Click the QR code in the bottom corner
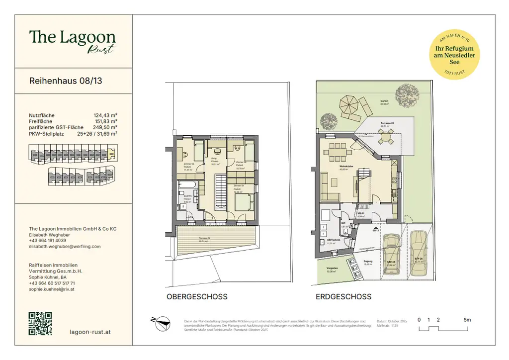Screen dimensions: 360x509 [x=40, y=323]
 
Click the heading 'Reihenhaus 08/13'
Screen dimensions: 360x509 [x=66, y=81]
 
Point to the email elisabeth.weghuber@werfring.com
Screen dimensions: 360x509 [x=65, y=246]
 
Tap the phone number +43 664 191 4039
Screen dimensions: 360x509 [x=47, y=240]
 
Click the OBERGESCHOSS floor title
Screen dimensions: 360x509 [x=197, y=297]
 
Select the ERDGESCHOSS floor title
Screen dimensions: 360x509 [x=343, y=297]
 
